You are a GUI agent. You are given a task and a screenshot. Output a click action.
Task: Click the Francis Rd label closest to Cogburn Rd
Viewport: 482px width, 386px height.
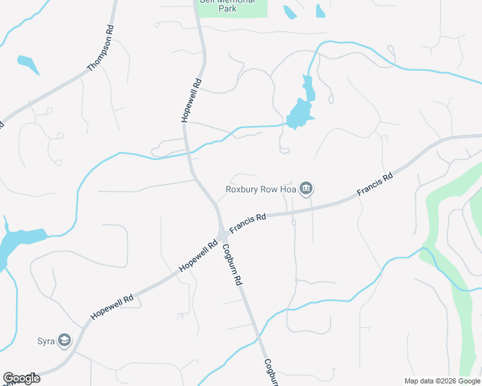[x=247, y=226]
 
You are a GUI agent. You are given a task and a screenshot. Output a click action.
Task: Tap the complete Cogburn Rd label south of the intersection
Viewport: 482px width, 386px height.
[x=233, y=265]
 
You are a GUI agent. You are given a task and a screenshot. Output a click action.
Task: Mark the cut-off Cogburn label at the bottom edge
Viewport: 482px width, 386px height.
[x=271, y=372]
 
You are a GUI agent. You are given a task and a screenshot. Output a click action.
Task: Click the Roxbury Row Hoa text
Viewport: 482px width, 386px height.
[x=261, y=189]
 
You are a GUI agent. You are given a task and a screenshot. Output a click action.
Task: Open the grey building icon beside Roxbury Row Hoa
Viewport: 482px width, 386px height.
[x=307, y=188]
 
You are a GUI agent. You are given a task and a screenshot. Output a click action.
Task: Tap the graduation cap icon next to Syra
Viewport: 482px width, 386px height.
[x=64, y=340]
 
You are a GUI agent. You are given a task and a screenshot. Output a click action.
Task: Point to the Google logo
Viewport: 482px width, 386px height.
[x=21, y=378]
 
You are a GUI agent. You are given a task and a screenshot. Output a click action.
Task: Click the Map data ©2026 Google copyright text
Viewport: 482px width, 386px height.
[x=441, y=380]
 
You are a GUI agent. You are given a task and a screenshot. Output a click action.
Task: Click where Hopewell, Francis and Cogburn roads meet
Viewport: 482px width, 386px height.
[x=221, y=232]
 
